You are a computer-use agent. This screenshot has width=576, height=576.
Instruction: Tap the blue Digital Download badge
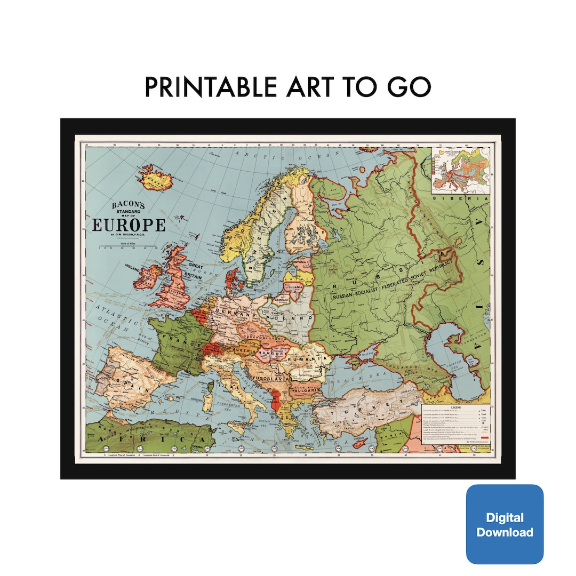click(x=505, y=524)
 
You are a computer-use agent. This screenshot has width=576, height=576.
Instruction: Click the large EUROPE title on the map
click(x=129, y=225)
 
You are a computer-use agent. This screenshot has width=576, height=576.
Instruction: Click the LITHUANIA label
click(x=294, y=287)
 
